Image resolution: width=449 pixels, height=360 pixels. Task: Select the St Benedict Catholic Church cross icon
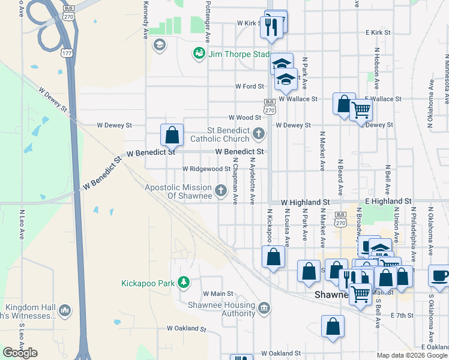259,133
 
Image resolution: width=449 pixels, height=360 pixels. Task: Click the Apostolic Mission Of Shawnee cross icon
221,191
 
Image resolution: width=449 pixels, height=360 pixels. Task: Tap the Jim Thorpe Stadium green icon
198,54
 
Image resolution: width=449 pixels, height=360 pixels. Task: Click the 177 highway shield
65,53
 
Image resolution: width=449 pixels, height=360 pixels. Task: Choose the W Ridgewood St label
206,169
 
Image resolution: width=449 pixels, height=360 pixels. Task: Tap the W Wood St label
244,118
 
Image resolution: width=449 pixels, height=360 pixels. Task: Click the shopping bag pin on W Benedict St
172,134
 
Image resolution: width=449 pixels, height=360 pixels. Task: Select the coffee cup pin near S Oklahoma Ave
439,275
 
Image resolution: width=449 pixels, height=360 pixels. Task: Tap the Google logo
20,353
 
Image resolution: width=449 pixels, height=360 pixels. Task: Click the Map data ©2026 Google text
412,355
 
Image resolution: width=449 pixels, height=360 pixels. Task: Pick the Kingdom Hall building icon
65,310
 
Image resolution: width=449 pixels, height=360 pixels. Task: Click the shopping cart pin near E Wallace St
361,110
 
